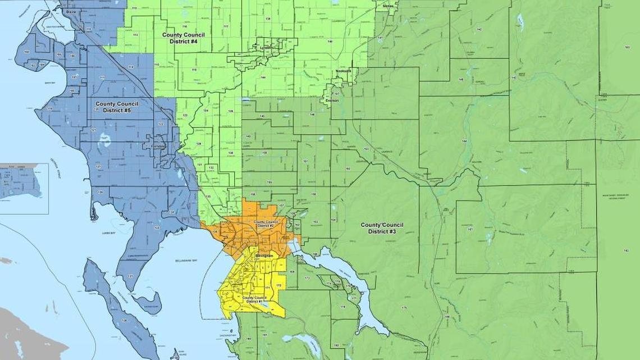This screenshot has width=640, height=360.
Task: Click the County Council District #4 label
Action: click(183, 38)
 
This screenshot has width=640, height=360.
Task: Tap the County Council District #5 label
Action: click(117, 107)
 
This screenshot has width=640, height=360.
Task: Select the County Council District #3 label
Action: click(382, 228)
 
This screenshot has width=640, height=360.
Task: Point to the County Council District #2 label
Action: click(266, 224)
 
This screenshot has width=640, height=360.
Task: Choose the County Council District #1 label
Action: click(254, 299)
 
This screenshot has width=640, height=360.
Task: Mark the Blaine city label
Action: click(71, 11)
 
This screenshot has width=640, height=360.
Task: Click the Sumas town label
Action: click(388, 6)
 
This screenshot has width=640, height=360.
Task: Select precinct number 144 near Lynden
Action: click(263, 78)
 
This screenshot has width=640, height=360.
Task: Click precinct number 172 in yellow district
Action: click(278, 286)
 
